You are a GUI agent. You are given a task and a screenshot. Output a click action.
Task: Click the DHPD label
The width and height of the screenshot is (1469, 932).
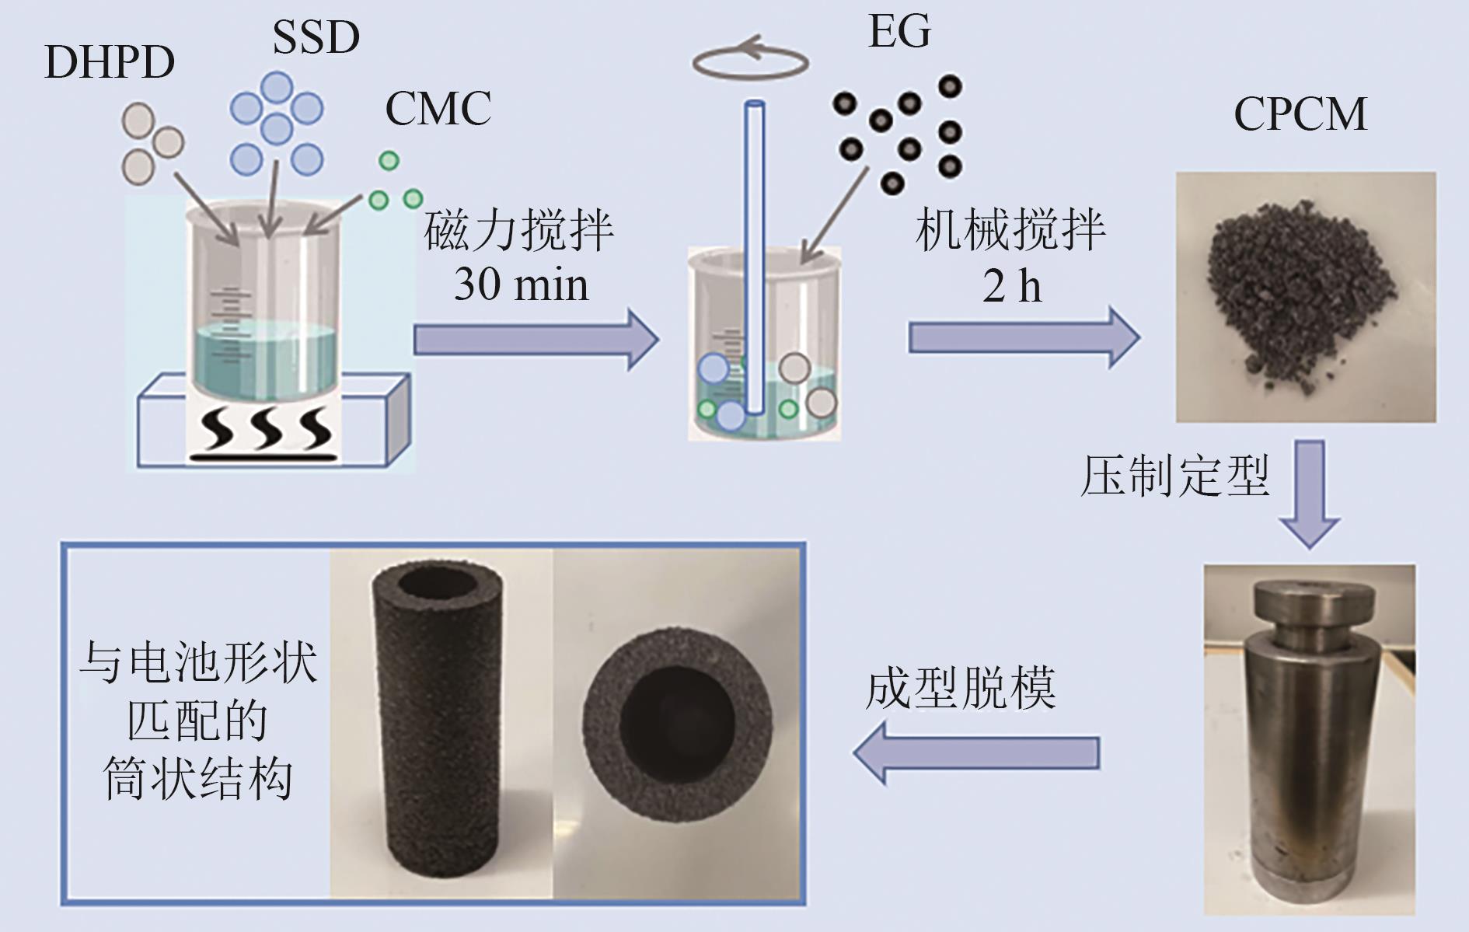point(109,63)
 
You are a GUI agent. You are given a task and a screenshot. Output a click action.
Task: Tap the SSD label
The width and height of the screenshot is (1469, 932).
point(316,37)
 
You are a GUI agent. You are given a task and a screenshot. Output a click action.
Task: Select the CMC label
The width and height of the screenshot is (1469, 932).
point(438,108)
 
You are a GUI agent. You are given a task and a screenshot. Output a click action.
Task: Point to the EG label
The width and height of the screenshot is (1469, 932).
point(899,32)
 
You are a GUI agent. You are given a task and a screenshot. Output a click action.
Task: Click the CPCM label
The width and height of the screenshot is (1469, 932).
point(1300,114)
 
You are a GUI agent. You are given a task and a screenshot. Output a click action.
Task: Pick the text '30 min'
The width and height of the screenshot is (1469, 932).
point(521,284)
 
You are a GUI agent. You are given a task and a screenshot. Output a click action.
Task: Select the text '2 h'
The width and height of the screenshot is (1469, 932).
point(1011,286)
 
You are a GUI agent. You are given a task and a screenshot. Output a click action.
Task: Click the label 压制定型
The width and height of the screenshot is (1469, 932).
point(1174,476)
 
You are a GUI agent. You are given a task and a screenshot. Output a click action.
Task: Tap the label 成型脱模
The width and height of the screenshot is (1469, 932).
point(961,688)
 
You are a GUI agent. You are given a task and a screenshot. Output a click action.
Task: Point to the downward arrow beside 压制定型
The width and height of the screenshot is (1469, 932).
point(1310,494)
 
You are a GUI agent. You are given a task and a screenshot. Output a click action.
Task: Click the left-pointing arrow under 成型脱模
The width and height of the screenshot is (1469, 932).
point(976,752)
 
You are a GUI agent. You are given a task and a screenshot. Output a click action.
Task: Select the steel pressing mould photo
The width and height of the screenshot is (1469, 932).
point(1309,738)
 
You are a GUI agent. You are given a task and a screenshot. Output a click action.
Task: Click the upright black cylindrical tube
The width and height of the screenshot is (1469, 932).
point(432,731)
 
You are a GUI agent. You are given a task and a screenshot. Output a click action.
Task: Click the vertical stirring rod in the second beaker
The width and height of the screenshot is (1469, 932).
point(754,257)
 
